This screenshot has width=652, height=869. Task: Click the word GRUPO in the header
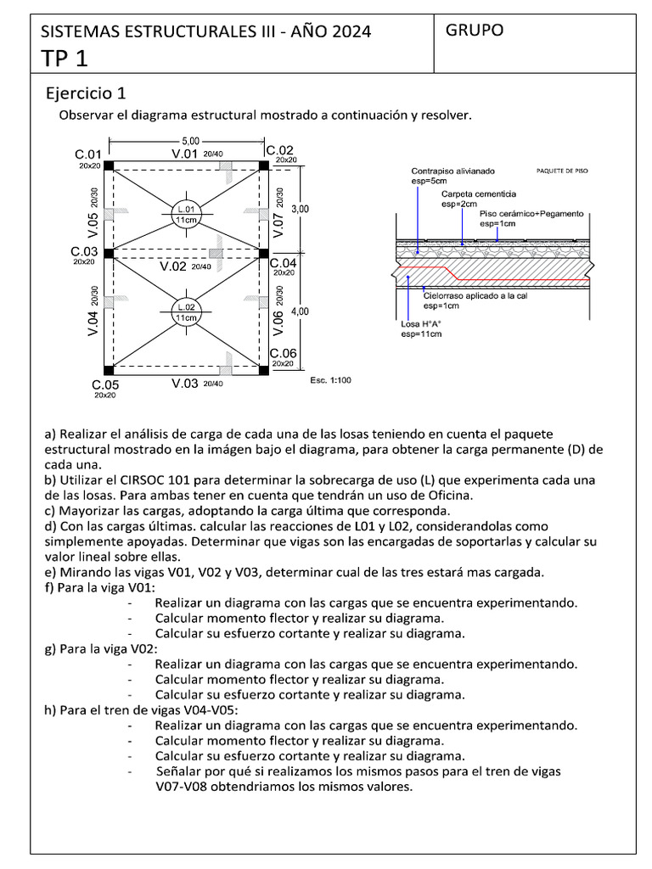tap(475, 30)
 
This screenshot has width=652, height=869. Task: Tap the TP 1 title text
tap(64, 58)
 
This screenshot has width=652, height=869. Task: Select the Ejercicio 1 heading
tap(86, 93)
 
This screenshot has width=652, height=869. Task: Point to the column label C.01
tap(88, 154)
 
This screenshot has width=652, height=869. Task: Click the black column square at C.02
tap(263, 165)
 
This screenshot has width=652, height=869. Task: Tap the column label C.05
tap(105, 385)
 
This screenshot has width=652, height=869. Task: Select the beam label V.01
tap(184, 154)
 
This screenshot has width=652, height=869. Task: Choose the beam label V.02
tap(173, 266)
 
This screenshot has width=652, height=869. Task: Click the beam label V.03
tap(184, 384)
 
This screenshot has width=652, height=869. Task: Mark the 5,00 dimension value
tap(190, 141)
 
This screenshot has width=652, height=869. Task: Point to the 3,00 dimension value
tap(301, 209)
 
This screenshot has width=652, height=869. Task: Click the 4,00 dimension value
tap(301, 312)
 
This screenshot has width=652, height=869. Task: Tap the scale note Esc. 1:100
tap(330, 380)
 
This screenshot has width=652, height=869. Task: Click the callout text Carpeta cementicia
tap(478, 193)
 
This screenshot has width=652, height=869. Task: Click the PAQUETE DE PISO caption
tap(562, 171)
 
